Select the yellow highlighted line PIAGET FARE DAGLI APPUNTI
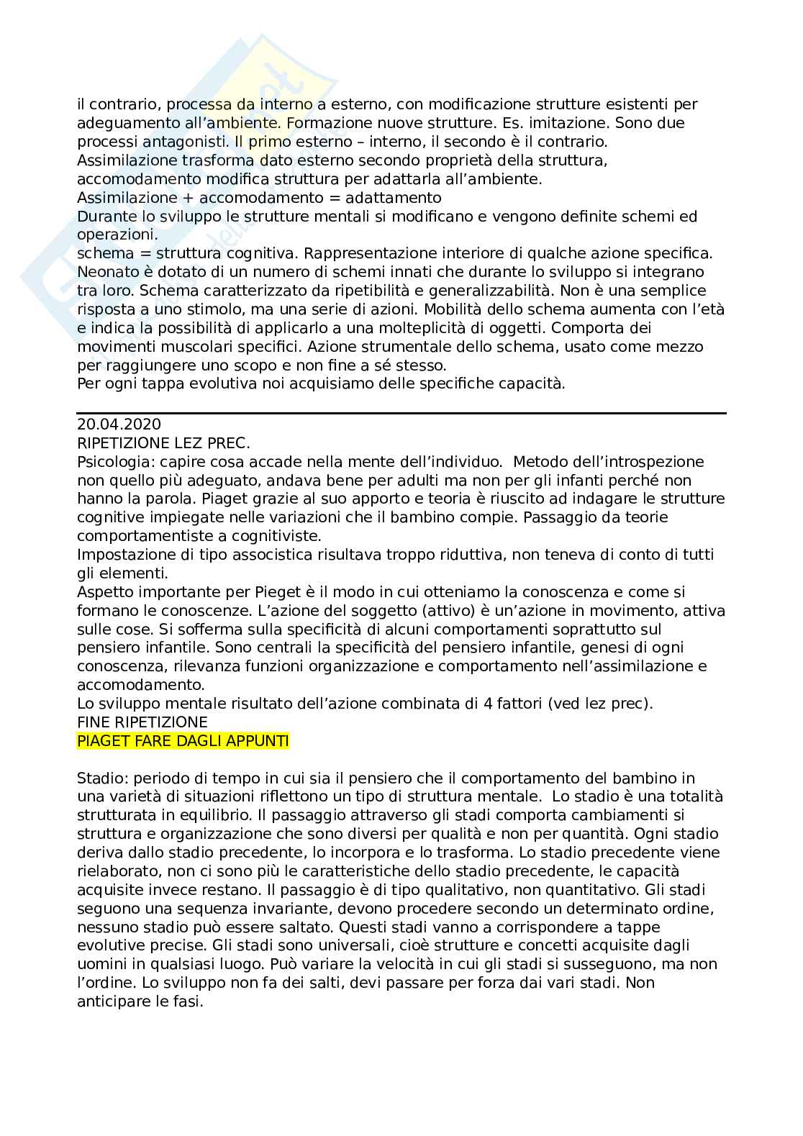tap(183, 740)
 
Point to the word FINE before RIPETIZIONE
tap(94, 722)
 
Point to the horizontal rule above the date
tap(401, 413)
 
